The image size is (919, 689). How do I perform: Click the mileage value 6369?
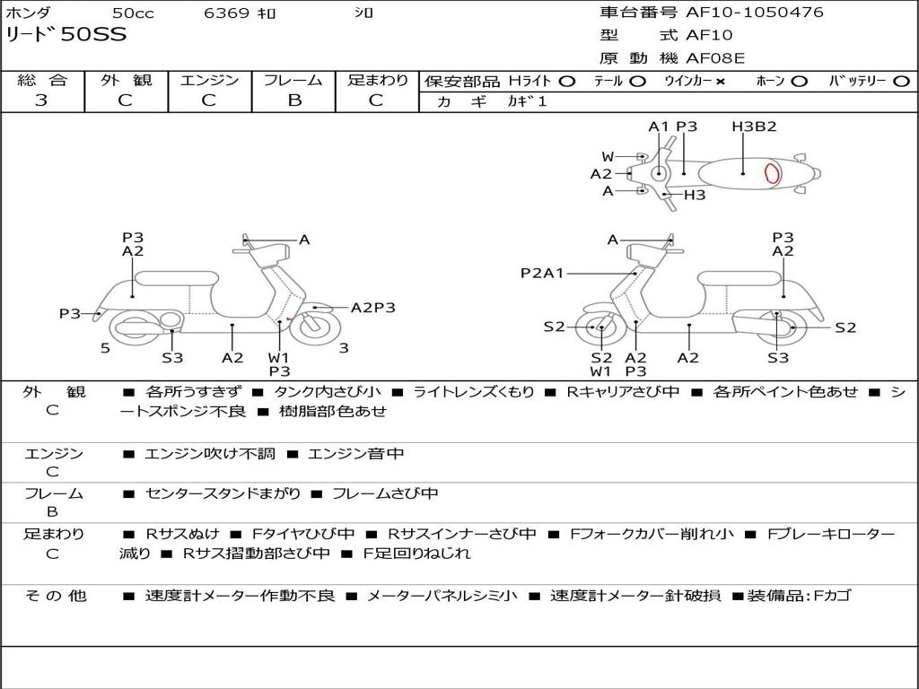point(226,13)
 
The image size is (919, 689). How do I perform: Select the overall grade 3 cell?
point(41,100)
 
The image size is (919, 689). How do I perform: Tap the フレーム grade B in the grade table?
point(293,100)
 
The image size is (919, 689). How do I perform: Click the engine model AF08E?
point(715,58)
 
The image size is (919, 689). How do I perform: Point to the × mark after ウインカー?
point(720,82)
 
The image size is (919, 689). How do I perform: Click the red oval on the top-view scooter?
point(771,173)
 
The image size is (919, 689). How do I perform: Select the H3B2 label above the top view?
point(754,126)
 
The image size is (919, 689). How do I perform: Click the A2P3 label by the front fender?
point(373,308)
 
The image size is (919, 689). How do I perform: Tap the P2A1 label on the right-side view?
point(542,273)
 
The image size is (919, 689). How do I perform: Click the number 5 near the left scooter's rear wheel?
point(105,348)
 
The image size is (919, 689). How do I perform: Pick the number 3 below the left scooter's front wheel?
point(344,348)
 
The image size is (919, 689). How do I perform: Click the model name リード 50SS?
point(66,35)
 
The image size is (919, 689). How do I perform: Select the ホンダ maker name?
point(28,13)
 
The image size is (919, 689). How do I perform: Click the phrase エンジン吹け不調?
point(210,454)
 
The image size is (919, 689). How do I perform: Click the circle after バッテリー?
point(901,82)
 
